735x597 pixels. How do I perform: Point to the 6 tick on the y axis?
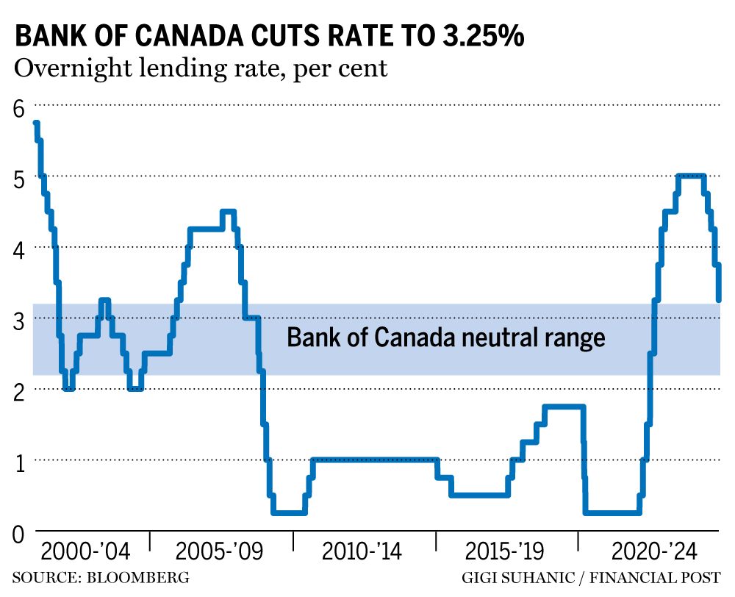coord(18,107)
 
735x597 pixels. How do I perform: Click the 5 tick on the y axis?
coord(18,178)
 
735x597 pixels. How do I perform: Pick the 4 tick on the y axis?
coord(18,249)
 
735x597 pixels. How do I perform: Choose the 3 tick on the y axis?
coord(18,320)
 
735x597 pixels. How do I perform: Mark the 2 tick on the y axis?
coord(18,390)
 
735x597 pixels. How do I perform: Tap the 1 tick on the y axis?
coord(18,462)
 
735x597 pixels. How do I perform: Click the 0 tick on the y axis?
coord(18,532)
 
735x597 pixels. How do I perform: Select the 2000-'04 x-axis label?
coord(86,552)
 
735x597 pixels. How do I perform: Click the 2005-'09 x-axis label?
coord(220,552)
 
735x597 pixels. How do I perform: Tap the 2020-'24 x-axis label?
coord(647,552)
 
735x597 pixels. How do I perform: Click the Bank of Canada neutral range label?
coord(445,337)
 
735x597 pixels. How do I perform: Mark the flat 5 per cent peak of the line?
coord(691,176)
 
